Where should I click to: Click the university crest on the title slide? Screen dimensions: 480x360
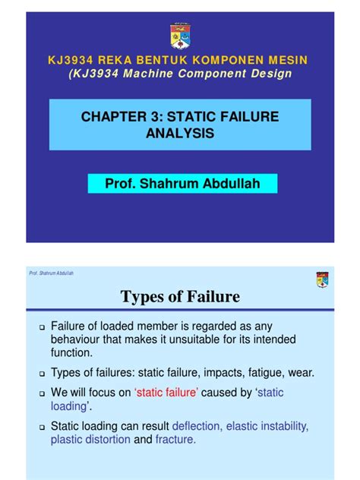[180, 35]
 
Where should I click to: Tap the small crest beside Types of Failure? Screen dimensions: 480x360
[321, 280]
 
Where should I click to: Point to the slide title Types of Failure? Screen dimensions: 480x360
[180, 296]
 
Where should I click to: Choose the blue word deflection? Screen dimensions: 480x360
[200, 426]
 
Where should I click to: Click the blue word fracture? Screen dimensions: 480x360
[175, 440]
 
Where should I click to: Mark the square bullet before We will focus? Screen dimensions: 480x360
[43, 393]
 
